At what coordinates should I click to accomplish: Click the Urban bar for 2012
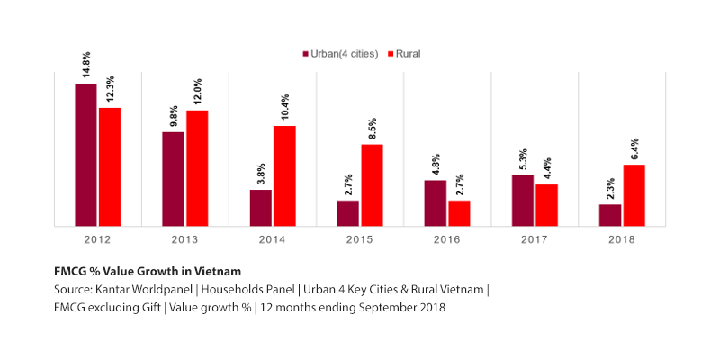coord(85,154)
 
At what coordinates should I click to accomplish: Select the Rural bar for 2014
coord(284,175)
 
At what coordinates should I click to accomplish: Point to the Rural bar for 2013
coord(197,167)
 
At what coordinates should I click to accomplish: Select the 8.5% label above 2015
coord(373,129)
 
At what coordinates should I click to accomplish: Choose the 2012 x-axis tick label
coord(97,239)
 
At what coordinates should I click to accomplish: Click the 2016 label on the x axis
coord(447,239)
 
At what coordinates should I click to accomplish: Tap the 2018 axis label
coord(622,239)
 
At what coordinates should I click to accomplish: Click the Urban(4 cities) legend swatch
coord(305,54)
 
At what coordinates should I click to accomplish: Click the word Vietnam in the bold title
coord(217,271)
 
